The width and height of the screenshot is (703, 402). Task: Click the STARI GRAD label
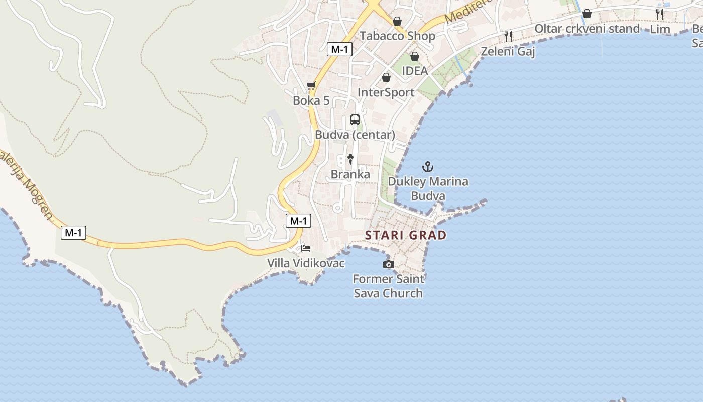click(406, 235)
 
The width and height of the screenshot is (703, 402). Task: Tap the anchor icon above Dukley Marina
click(428, 167)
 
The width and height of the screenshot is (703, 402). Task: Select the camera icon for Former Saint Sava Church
click(388, 264)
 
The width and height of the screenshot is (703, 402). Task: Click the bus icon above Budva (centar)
click(355, 120)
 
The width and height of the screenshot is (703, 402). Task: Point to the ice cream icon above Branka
click(350, 159)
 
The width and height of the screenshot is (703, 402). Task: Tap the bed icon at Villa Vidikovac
click(306, 248)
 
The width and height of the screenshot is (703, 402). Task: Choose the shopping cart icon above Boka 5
click(311, 86)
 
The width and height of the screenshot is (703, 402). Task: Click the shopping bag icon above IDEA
click(415, 56)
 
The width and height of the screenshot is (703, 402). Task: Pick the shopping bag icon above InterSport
click(386, 77)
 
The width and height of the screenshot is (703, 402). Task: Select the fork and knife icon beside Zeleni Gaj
click(508, 36)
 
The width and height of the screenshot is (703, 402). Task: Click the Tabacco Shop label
click(397, 36)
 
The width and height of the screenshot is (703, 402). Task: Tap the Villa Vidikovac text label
click(306, 263)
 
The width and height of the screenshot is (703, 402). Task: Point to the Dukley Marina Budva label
click(428, 188)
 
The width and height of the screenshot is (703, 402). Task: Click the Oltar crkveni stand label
click(587, 29)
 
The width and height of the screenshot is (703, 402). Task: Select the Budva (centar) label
click(355, 135)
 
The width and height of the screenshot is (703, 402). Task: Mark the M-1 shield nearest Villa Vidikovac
click(298, 221)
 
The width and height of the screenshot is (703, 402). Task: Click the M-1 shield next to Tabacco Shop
click(340, 49)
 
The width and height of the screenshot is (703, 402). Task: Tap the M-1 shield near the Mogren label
click(73, 233)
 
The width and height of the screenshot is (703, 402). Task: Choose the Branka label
click(350, 175)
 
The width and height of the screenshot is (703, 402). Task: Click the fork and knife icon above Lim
click(660, 14)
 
